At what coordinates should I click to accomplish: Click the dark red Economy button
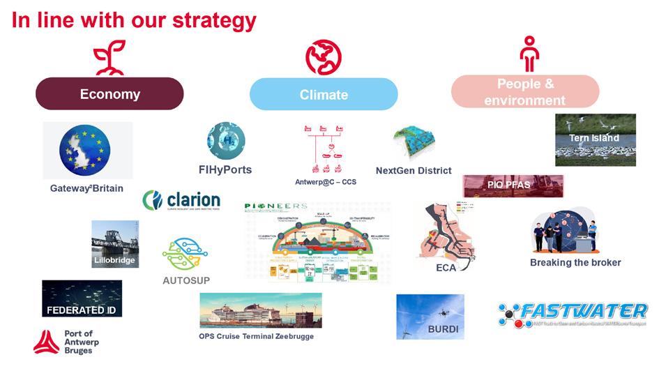pos(109,94)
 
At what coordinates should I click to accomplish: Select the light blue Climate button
pos(324,94)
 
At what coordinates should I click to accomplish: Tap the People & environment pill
pos(525,92)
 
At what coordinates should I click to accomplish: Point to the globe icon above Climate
pos(324,57)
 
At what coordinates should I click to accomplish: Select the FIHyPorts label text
pos(225,169)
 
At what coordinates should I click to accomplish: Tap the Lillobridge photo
pos(114,244)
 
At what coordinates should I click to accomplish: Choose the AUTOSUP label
pos(186,280)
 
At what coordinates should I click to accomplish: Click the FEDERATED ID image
pos(82,298)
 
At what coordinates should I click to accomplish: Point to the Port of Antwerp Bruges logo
pos(64,342)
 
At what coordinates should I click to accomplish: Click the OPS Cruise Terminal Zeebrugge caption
pos(256,336)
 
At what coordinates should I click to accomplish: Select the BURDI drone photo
pos(430,316)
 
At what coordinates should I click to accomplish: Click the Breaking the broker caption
pos(575,262)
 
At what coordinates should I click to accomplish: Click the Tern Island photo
pos(595,139)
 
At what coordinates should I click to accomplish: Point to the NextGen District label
pos(414,170)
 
